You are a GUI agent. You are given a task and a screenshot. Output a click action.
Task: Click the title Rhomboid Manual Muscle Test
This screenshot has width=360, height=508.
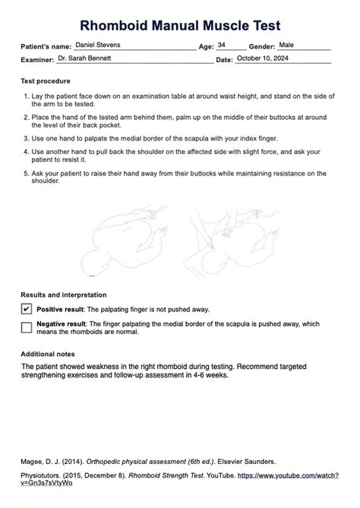click(179, 26)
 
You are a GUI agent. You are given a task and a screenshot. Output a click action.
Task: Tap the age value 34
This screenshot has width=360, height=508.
click(222, 46)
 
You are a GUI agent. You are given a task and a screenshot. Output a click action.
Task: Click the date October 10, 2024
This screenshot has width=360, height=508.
click(263, 58)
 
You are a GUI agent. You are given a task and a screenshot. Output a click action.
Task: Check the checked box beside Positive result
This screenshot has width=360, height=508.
click(27, 309)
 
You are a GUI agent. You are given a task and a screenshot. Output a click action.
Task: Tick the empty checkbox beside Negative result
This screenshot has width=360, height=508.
click(27, 327)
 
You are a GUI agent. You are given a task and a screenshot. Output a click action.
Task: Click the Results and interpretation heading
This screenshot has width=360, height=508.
click(63, 295)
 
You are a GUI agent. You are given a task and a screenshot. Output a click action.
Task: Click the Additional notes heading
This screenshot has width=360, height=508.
click(48, 353)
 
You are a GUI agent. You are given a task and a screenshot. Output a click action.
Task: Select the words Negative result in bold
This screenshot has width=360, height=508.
click(60, 323)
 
